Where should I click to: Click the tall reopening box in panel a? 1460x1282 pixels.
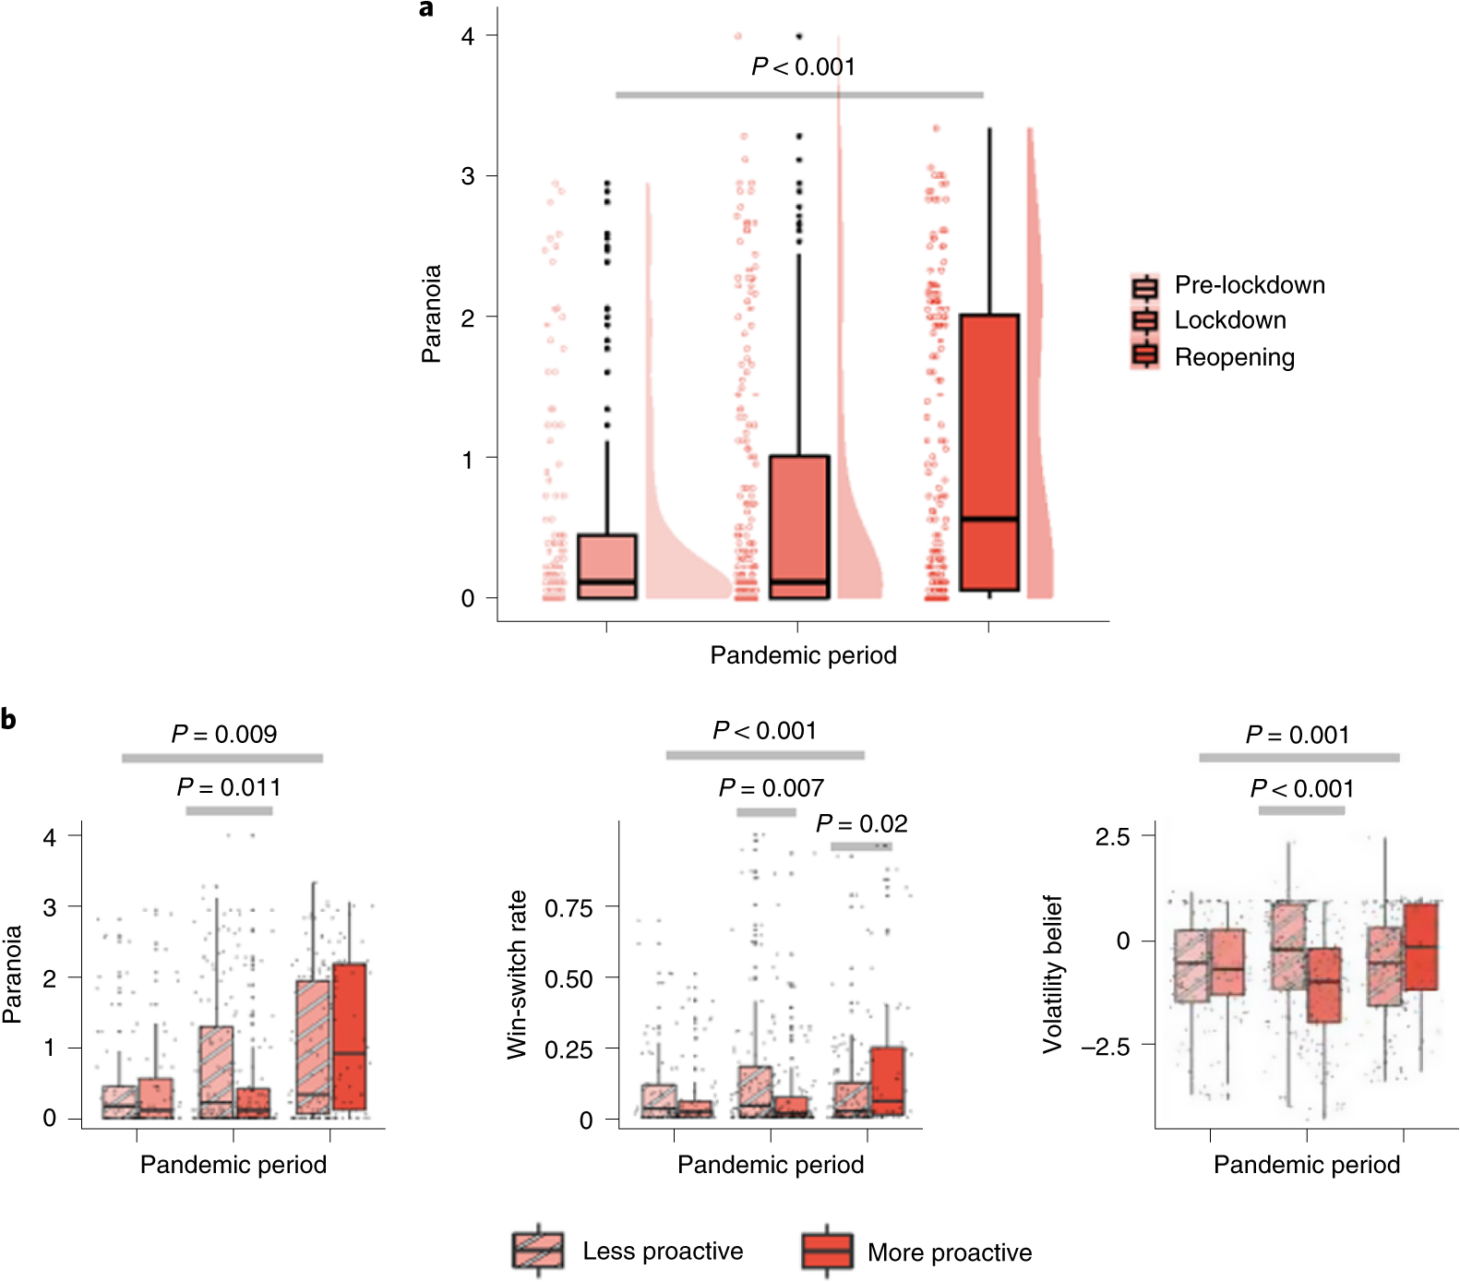[989, 452]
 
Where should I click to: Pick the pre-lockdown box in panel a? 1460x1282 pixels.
[606, 566]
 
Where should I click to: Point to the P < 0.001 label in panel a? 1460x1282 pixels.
[803, 66]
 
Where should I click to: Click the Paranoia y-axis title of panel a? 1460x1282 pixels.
[431, 314]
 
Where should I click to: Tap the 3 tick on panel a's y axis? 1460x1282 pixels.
[468, 176]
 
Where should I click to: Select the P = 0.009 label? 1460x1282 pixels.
[224, 735]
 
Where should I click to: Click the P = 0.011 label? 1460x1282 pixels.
[229, 787]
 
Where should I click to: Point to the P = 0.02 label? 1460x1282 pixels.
[862, 823]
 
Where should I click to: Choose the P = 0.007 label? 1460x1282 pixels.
[772, 788]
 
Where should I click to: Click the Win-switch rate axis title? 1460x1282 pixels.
[517, 974]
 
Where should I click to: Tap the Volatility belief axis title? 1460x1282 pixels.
[1052, 974]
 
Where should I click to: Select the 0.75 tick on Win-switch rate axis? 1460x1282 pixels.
[568, 908]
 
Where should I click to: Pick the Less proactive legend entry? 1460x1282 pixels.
[662, 1252]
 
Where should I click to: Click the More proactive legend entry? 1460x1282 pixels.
[949, 1252]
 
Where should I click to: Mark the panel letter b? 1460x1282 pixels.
[9, 719]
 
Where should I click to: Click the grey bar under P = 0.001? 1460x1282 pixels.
[1298, 758]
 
